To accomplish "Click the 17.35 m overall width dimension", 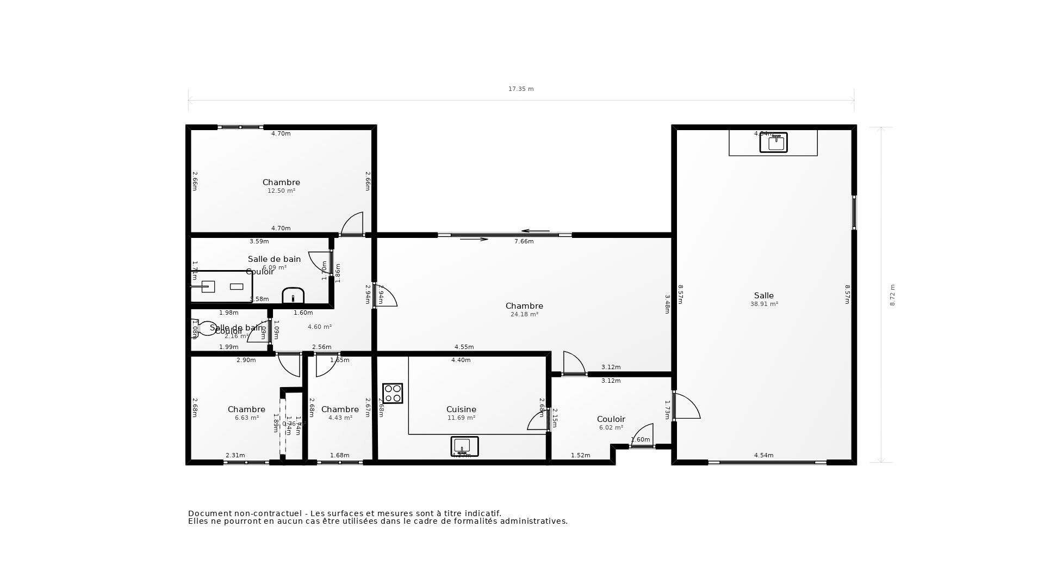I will tap(521, 89).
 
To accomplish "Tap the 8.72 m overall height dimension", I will tap(892, 295).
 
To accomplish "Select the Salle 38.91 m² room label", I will tap(764, 299).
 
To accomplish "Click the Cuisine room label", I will tap(461, 409).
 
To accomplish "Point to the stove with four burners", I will tap(393, 393).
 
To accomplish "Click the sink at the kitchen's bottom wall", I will tap(464, 446).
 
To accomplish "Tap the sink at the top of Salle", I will tap(773, 142).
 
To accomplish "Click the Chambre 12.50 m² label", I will tap(281, 186).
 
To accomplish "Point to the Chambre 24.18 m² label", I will tap(524, 309).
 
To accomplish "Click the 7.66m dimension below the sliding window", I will tap(524, 241).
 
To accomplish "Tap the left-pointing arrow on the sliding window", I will tap(535, 231).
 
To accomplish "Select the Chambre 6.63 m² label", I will tap(246, 413).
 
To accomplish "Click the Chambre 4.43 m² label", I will tap(340, 413).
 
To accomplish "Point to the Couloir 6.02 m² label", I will tap(611, 422).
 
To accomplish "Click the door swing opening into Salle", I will tap(686, 407).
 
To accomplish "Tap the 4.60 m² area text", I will tap(320, 327).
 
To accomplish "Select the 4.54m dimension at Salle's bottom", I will tap(763, 455).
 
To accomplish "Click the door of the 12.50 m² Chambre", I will tap(352, 224).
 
